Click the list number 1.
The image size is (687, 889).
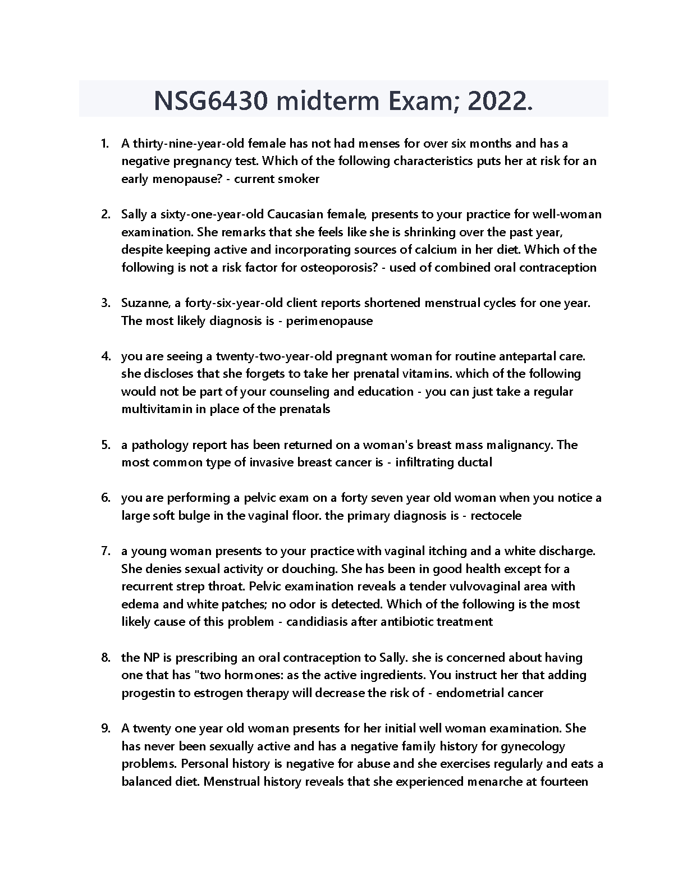click(x=104, y=144)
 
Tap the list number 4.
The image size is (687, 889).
click(x=105, y=356)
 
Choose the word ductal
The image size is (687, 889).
click(x=475, y=462)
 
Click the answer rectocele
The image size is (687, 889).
click(x=496, y=516)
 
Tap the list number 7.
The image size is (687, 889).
click(x=105, y=551)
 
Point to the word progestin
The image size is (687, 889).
click(x=148, y=693)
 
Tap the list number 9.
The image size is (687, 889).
click(x=105, y=728)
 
